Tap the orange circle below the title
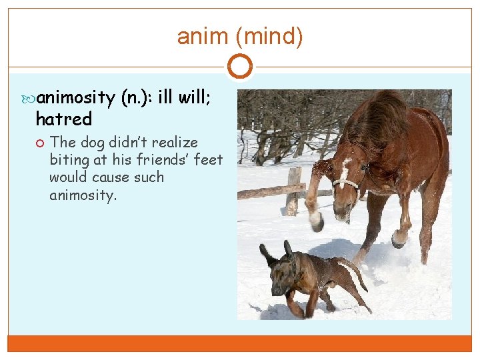(240, 67)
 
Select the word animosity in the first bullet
(76, 98)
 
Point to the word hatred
(63, 119)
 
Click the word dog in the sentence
(91, 143)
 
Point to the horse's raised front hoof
(315, 220)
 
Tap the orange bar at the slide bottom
(240, 343)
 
